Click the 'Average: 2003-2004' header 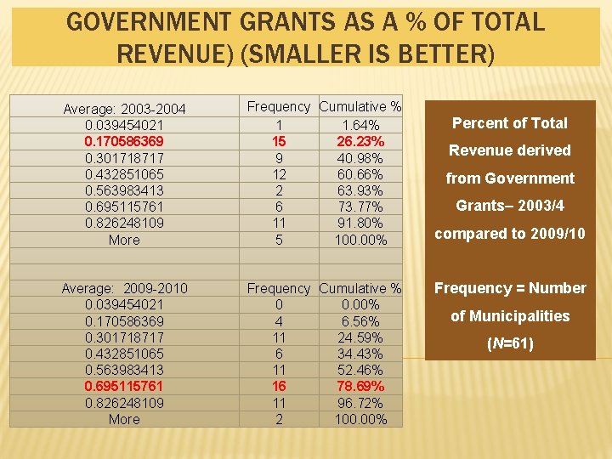point(124,109)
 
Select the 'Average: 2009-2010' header point(124,289)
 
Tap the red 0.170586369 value point(124,141)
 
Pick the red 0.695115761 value point(124,387)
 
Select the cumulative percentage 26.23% point(360,141)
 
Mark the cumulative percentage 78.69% point(360,387)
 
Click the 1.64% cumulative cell point(360,125)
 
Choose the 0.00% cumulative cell point(360,305)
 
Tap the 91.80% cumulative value point(360,224)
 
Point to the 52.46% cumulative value point(360,371)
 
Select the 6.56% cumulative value point(360,321)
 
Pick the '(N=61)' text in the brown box point(510,344)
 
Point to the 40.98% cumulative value point(360,158)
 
